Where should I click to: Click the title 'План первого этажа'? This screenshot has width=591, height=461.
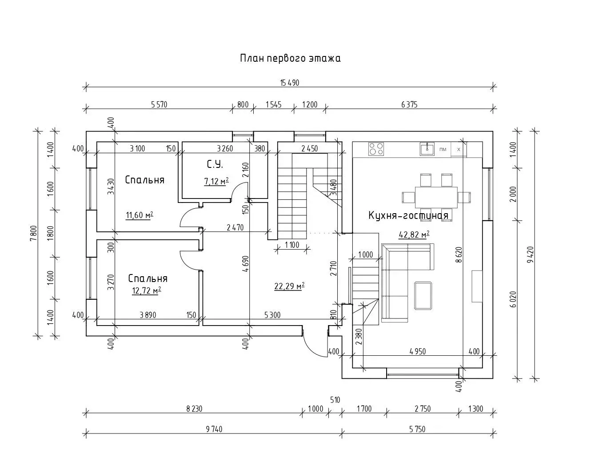click(x=290, y=58)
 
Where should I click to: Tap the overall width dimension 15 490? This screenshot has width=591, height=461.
click(x=289, y=83)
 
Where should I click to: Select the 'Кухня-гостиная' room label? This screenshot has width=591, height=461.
click(x=408, y=216)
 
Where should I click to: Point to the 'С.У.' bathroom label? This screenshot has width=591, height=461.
click(x=215, y=165)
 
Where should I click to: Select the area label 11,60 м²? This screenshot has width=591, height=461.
click(x=140, y=216)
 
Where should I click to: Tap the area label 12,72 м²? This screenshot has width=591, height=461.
click(x=146, y=290)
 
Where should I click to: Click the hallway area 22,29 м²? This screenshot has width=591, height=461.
click(x=289, y=286)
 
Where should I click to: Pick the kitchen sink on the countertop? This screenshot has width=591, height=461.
click(x=428, y=148)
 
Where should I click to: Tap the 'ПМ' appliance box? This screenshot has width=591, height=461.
click(x=443, y=149)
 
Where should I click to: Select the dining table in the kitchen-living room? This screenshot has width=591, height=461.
click(x=436, y=196)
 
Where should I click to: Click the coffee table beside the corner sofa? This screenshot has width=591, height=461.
click(x=423, y=296)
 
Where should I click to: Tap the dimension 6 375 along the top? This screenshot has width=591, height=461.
click(x=409, y=105)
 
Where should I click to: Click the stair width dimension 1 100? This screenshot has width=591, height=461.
click(x=292, y=245)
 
